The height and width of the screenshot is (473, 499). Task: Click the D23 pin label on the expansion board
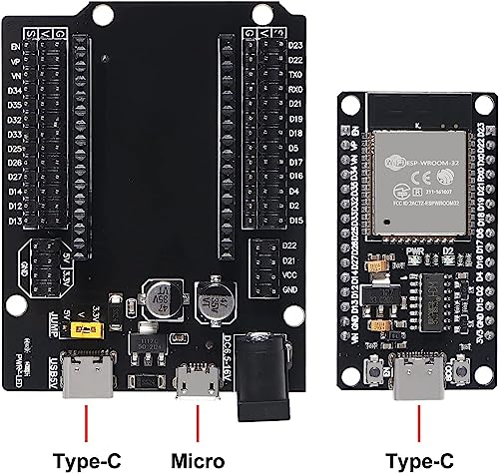click(294, 46)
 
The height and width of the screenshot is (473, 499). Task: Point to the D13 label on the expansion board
click(16, 220)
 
